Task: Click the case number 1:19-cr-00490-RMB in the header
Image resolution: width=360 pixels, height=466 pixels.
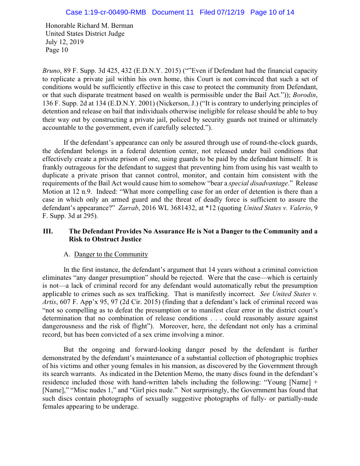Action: click(105, 12)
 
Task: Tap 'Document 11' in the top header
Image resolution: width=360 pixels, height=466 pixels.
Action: click(172, 12)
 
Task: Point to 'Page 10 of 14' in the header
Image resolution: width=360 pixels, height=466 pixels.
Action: click(272, 12)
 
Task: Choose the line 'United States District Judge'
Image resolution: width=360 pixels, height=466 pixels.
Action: click(85, 34)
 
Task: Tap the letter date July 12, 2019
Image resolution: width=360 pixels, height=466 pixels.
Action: click(64, 42)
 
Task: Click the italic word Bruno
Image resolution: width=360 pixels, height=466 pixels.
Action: click(51, 71)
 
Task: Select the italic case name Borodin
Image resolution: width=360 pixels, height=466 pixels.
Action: click(307, 95)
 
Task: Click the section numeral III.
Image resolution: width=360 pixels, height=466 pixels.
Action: click(48, 231)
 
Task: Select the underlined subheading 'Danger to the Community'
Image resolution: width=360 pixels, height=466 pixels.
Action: click(111, 254)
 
